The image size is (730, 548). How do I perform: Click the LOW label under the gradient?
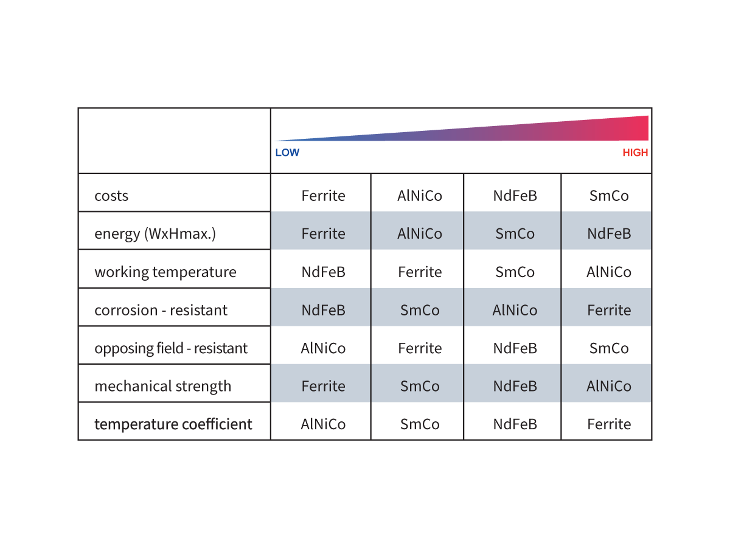287,153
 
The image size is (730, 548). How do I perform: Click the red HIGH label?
635,153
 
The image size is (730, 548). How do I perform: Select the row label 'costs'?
111,196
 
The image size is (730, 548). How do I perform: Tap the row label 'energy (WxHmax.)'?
155,234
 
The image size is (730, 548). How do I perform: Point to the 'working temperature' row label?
165,272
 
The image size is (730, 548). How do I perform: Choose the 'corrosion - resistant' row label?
161,311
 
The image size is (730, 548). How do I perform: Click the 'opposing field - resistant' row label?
171,348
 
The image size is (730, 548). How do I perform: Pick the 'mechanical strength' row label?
163,387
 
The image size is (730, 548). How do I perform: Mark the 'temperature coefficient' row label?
173,424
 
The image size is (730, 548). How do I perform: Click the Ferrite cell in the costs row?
323,196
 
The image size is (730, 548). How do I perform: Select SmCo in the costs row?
609,196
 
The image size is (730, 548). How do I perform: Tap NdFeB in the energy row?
609,234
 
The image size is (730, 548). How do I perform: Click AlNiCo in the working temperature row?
609,272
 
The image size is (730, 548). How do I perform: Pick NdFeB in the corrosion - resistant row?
323,311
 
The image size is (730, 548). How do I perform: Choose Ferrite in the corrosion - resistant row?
609,311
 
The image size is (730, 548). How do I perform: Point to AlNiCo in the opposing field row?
323,348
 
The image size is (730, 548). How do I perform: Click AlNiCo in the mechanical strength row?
609,387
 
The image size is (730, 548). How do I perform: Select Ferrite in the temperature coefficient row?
609,424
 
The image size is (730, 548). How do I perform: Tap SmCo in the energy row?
515,234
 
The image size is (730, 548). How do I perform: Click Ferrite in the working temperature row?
420,272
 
